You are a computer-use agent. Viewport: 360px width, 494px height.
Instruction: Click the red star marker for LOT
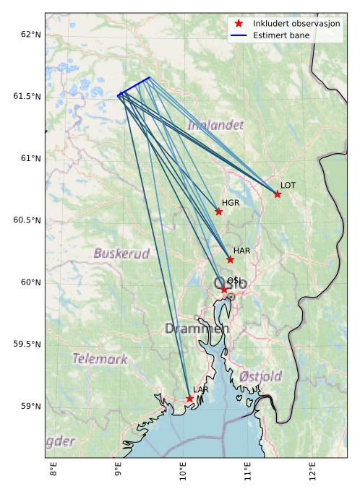pyautogui.click(x=278, y=194)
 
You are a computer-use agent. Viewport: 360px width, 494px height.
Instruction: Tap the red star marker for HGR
pyautogui.click(x=219, y=212)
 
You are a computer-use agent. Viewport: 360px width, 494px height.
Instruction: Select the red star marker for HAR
pyautogui.click(x=230, y=259)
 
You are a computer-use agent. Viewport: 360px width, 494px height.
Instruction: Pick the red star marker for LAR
pyautogui.click(x=189, y=399)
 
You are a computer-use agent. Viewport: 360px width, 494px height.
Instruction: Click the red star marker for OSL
pyautogui.click(x=224, y=290)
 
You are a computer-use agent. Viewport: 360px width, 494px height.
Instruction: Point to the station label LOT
pyautogui.click(x=288, y=186)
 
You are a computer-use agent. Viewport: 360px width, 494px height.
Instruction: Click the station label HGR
pyautogui.click(x=231, y=203)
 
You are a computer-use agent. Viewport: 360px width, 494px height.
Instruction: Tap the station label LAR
pyautogui.click(x=200, y=390)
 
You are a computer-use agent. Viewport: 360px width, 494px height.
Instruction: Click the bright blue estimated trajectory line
pyautogui.click(x=134, y=86)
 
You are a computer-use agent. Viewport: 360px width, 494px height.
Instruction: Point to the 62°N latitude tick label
pyautogui.click(x=30, y=35)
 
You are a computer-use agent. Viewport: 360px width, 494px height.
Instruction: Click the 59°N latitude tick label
pyautogui.click(x=30, y=406)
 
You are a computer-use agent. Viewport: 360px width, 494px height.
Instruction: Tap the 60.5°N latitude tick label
pyautogui.click(x=27, y=220)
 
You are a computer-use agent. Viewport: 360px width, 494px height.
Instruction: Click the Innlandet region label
pyautogui.click(x=215, y=126)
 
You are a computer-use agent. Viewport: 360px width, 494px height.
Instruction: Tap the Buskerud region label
pyautogui.click(x=121, y=253)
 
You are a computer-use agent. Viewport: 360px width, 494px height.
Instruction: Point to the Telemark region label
pyautogui.click(x=100, y=359)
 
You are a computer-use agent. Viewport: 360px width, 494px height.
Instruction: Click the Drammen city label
pyautogui.click(x=197, y=329)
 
